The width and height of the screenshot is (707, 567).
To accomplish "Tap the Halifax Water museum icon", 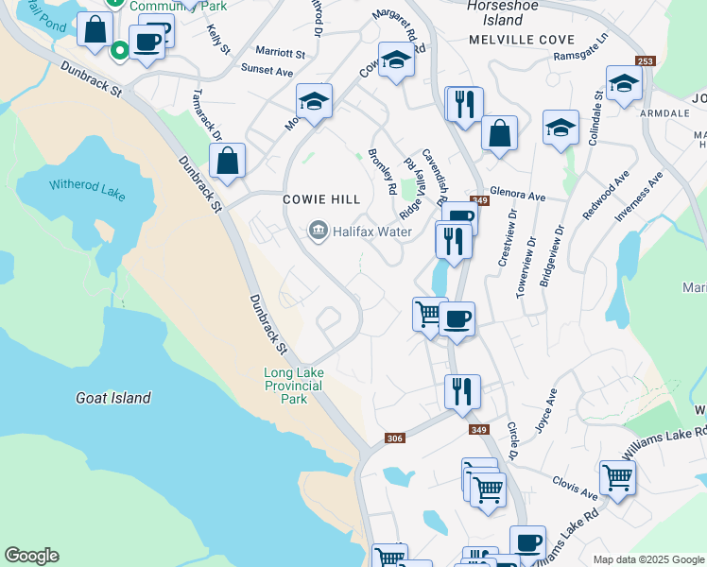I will coord(318,230).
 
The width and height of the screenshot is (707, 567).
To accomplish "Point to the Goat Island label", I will coord(112,398).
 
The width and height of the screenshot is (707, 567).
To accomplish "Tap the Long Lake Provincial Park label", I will coord(293,386).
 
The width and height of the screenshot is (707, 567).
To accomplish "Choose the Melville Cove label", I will coord(508,40).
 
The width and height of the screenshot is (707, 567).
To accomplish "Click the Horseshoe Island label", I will coord(495,12).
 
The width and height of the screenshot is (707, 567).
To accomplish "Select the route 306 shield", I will coord(395,438).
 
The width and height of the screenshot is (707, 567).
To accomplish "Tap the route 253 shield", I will coord(645,61).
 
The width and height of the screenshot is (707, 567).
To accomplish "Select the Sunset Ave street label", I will coord(267,70).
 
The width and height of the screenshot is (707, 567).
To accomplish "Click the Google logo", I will coord(32,556).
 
